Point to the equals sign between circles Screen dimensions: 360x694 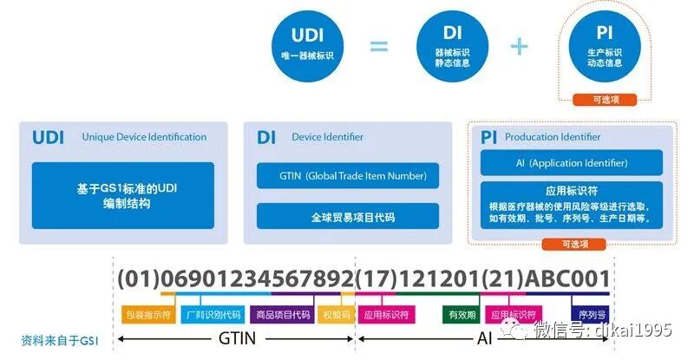(x=379, y=46)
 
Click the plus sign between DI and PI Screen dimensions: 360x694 (x=519, y=46)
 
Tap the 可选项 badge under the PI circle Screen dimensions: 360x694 (x=606, y=100)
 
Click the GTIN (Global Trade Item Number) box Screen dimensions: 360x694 (x=347, y=176)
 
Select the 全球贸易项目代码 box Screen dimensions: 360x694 (x=347, y=217)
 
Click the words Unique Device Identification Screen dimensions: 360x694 (x=144, y=137)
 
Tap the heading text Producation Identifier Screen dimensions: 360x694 (x=553, y=137)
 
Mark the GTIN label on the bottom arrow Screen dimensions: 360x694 (x=236, y=338)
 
